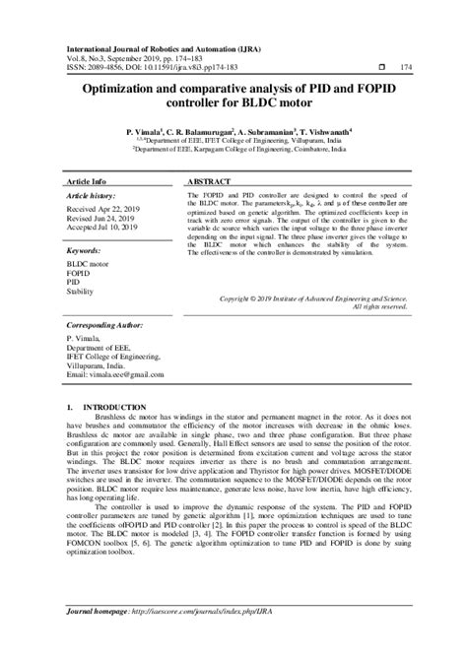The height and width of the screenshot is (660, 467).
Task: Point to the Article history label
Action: tap(91, 197)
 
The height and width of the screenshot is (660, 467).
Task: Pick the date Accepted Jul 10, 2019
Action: tap(106, 229)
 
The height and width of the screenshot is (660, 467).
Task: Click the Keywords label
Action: tap(82, 253)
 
